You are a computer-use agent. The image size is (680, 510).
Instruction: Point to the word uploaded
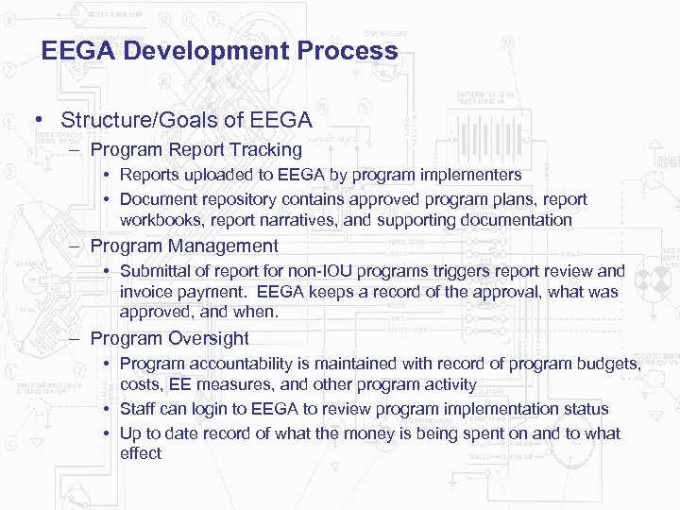point(218,175)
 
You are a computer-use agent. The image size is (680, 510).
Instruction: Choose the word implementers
point(470,175)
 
